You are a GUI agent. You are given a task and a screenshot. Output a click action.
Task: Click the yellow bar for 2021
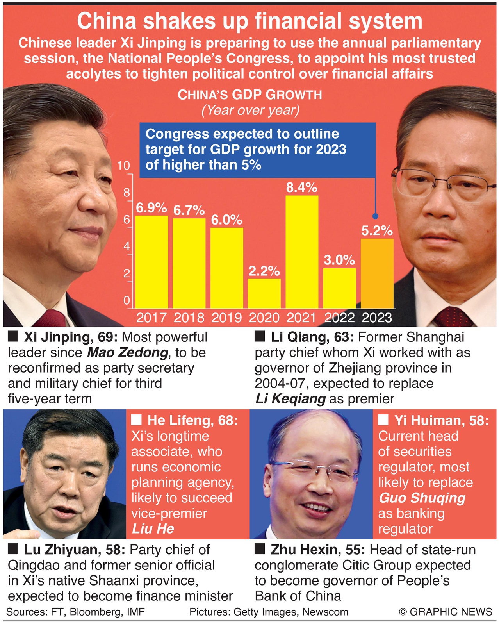coord(302,252)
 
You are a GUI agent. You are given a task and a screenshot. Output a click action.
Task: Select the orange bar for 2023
coord(377,273)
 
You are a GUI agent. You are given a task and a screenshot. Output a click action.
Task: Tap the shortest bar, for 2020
coord(264,293)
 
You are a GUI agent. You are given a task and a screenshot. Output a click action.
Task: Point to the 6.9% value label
coord(151,208)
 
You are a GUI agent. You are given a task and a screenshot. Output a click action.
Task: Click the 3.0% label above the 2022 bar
coord(339,260)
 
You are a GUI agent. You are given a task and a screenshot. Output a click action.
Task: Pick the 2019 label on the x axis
coord(226,318)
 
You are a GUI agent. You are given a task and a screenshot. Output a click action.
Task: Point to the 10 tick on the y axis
coord(124,166)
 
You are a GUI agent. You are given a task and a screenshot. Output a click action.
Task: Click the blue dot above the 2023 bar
coord(375,216)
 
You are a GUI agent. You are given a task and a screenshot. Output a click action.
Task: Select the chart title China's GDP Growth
coord(250,95)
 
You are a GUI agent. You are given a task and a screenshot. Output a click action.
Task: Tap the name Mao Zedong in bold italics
coord(127,353)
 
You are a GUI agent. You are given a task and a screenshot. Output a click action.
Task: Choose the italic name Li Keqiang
coord(290,399)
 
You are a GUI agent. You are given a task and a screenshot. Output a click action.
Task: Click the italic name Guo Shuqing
coord(422,498)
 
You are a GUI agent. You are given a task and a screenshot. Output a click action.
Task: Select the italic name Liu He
coord(153,529)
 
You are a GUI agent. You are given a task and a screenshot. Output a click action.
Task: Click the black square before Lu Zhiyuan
coord(13,550)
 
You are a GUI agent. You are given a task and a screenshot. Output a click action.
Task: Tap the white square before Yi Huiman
coord(383,420)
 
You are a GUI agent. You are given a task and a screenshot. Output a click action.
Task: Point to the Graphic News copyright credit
coord(446,612)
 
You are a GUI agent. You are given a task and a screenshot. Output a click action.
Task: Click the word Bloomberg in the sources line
coord(92,612)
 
